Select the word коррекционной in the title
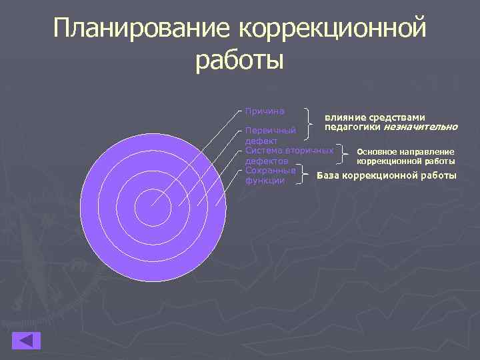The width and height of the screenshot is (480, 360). pos(330,29)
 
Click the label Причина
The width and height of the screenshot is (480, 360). pos(265,111)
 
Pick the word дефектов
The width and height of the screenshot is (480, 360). pos(267,161)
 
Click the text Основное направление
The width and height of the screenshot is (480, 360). pos(405,152)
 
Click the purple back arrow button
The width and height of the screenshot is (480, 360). pos(26,340)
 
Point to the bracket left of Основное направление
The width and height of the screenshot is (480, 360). pos(344,155)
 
